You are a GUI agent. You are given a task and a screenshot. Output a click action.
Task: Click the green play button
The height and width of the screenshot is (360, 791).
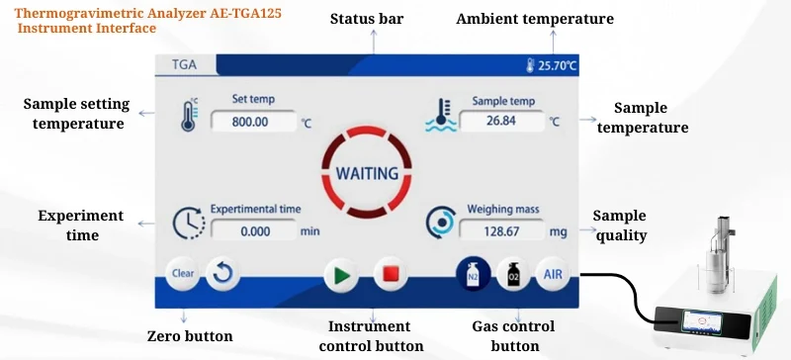341,274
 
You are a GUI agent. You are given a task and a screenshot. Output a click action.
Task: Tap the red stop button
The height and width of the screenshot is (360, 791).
391,274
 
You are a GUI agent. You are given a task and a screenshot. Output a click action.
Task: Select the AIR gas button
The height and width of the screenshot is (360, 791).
552,274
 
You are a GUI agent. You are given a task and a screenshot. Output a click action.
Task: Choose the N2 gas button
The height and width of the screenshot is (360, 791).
472,274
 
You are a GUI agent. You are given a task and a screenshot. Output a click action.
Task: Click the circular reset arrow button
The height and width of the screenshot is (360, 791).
222,273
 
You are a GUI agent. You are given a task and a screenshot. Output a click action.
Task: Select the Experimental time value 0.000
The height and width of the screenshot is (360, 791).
254,231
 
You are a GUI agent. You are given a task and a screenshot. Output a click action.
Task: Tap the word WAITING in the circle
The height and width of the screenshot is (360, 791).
367,173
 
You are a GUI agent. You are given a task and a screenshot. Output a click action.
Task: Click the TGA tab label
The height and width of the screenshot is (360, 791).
185,65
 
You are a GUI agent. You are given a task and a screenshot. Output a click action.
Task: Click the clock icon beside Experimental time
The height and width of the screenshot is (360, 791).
188,225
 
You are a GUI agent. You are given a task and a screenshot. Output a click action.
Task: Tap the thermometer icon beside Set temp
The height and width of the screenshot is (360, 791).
189,115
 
